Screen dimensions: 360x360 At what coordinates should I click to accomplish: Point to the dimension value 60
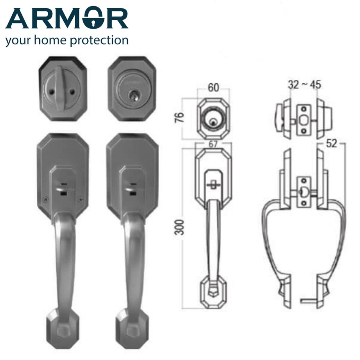[213, 88]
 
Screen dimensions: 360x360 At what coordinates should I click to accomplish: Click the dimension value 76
[181, 117]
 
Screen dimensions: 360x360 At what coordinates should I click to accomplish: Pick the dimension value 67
[213, 144]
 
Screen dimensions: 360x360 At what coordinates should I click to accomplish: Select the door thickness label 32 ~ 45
[304, 85]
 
